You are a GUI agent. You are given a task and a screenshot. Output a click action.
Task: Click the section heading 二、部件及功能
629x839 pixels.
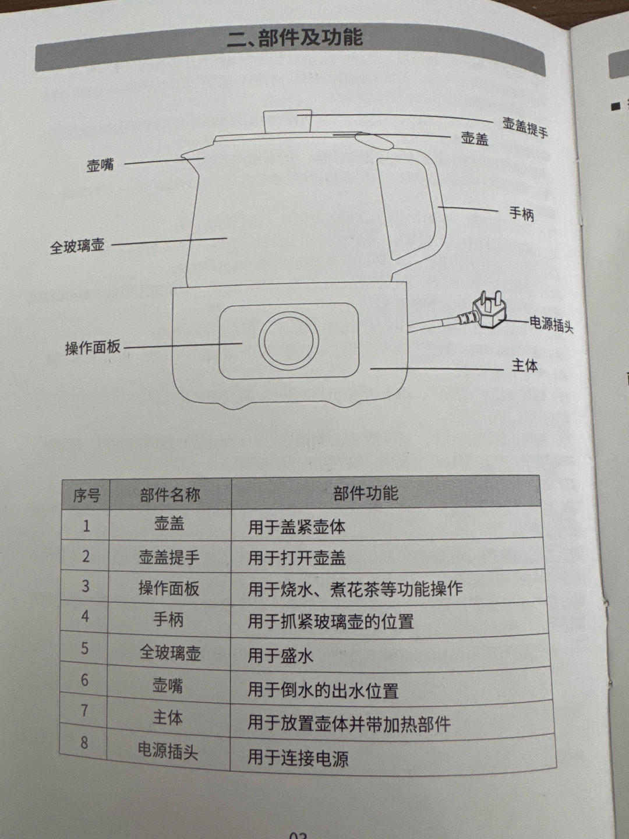pos(295,38)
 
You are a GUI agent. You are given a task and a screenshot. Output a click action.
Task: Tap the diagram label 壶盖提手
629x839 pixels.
pos(525,127)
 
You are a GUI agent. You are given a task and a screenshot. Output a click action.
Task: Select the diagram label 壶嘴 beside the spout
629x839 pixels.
pos(100,165)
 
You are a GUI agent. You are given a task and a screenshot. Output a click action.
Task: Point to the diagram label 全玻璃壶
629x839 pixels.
pos(77,246)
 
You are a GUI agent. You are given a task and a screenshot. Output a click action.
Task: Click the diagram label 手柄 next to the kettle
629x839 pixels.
pos(522,213)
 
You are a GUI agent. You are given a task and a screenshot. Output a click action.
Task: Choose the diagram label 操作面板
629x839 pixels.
pos(93,347)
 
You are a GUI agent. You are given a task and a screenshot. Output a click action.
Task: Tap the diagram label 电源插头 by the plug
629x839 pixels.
pos(552,325)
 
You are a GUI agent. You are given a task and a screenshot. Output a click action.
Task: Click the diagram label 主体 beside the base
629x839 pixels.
pos(525,366)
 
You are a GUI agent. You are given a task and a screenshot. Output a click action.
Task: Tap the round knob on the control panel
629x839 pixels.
pos(289,340)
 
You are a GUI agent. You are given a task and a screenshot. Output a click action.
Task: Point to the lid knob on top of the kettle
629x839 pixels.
pos(288,122)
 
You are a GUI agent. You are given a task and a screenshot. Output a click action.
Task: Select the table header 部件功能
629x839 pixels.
pos(366,493)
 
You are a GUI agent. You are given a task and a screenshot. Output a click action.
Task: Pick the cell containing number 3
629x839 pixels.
pos(86,586)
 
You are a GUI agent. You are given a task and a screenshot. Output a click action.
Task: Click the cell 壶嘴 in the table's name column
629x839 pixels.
pos(168,685)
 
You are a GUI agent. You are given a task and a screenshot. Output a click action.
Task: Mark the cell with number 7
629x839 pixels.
pos(84,711)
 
